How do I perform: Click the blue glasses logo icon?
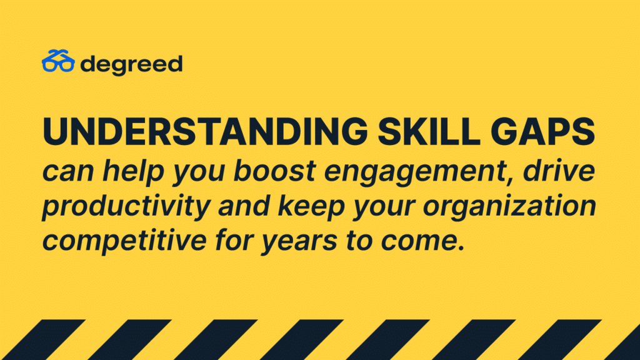pyautogui.click(x=58, y=61)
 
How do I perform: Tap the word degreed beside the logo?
pyautogui.click(x=131, y=64)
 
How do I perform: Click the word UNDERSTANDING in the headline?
pyautogui.click(x=205, y=131)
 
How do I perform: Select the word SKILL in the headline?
pyautogui.click(x=429, y=131)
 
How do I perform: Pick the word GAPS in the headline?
pyautogui.click(x=543, y=131)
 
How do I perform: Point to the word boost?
pyautogui.click(x=275, y=170)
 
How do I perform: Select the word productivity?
pyautogui.click(x=126, y=207)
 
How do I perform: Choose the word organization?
pyautogui.click(x=509, y=207)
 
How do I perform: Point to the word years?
pyautogui.click(x=299, y=243)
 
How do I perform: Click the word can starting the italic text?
pyautogui.click(x=68, y=172)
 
